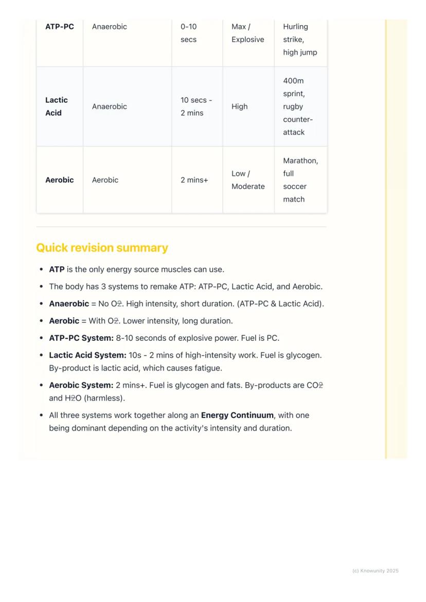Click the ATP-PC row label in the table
click(x=60, y=27)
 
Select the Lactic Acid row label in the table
click(x=56, y=106)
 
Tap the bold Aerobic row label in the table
click(x=60, y=180)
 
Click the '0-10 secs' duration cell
click(x=189, y=33)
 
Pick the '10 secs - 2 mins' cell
click(x=196, y=106)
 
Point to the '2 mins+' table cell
click(x=194, y=180)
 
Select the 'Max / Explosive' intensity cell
click(x=247, y=33)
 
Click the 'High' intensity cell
click(x=239, y=106)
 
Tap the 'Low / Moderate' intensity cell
click(x=247, y=180)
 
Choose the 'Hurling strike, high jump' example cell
click(x=299, y=40)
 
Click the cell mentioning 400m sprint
click(x=297, y=106)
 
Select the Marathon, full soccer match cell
click(x=300, y=180)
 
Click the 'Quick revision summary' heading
click(x=102, y=248)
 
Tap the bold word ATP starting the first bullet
click(x=57, y=269)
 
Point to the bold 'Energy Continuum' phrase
click(x=237, y=415)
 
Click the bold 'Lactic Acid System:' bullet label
click(x=87, y=355)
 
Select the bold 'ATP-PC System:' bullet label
click(x=81, y=338)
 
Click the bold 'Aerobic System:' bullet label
click(x=81, y=385)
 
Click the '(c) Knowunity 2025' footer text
click(x=375, y=571)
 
